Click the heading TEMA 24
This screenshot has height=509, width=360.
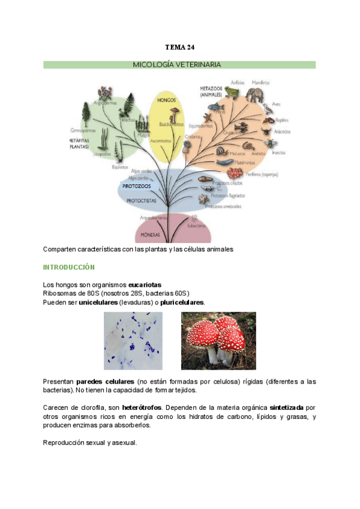pos(180,47)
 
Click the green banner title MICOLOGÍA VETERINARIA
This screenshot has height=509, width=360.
pos(180,64)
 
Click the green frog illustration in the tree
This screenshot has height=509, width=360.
pos(230,91)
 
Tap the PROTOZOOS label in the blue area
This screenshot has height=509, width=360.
pos(137,186)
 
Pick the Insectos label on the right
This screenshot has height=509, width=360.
pos(279,152)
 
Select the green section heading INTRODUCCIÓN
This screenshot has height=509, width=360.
pos(69,267)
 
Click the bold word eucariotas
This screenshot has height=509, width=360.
pos(145,285)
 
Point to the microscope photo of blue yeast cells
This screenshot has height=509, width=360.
pos(133,340)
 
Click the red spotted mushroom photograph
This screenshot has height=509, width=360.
pos(218,340)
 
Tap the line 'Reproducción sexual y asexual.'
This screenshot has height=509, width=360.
pos(90,443)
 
